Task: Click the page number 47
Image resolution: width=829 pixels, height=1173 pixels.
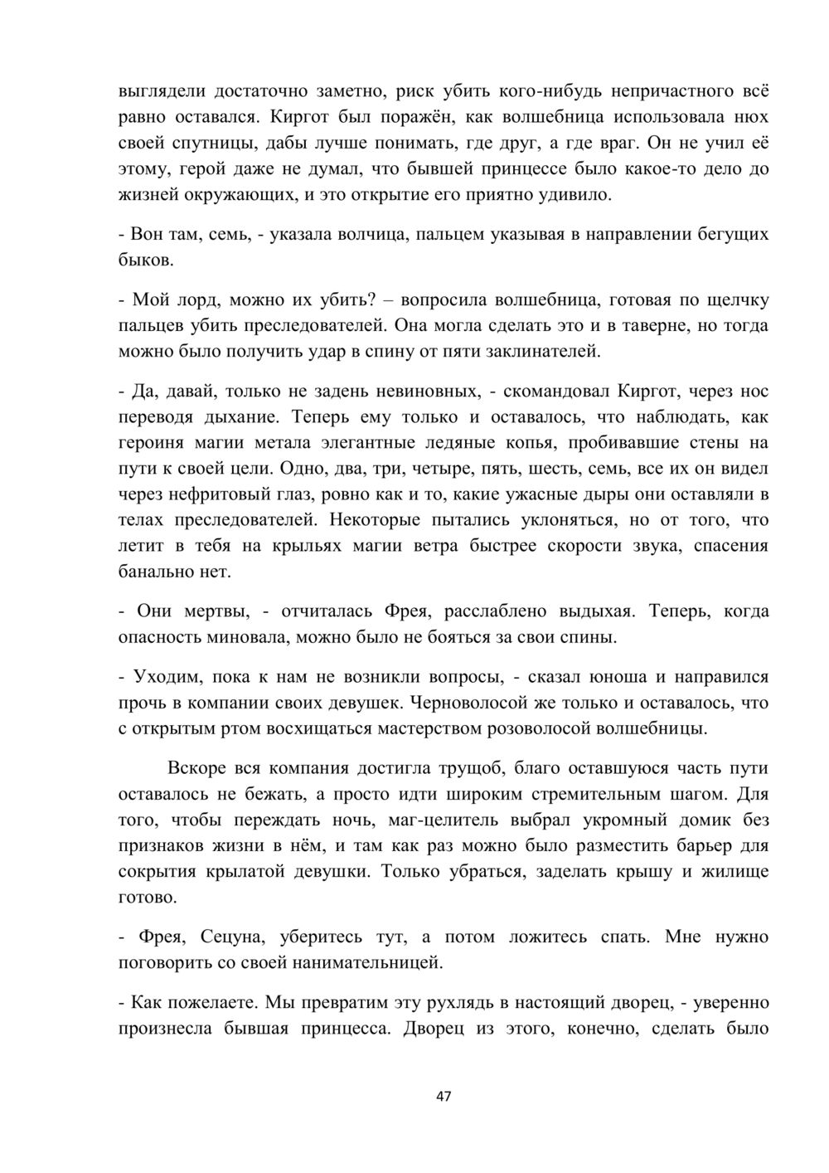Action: click(x=444, y=1097)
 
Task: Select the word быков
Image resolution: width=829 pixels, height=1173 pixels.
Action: click(x=146, y=260)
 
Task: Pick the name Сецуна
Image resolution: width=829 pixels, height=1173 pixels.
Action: click(x=233, y=937)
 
